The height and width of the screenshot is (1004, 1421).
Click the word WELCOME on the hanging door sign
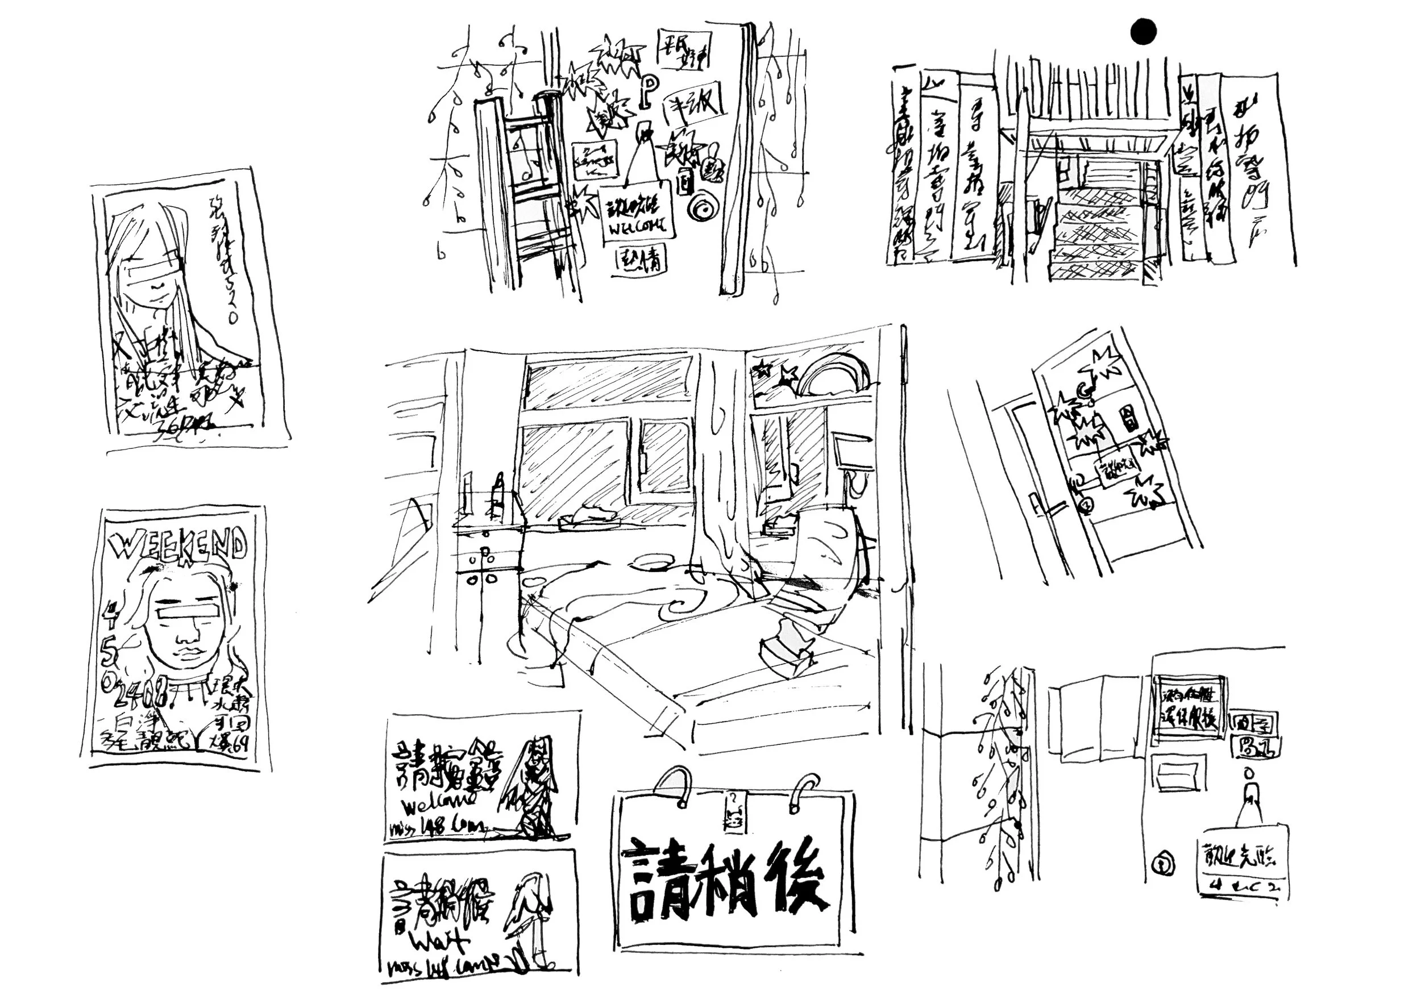click(x=638, y=228)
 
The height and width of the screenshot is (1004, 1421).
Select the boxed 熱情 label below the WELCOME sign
click(x=642, y=262)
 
